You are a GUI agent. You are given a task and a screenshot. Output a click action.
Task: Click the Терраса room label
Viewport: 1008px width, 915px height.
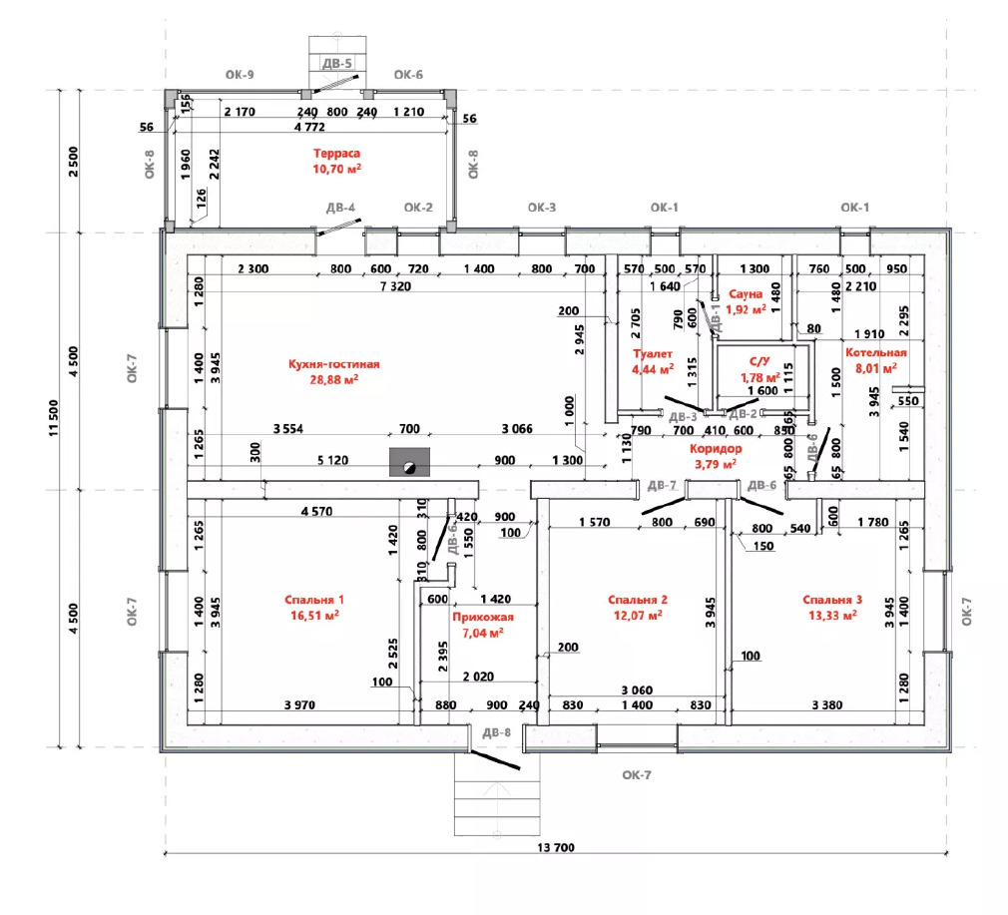(336, 155)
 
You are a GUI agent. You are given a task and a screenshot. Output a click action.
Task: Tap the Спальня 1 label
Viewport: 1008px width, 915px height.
(314, 600)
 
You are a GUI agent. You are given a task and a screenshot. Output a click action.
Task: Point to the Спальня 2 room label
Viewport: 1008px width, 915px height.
(637, 600)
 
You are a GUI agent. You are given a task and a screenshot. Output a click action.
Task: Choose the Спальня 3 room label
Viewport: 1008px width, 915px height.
(832, 600)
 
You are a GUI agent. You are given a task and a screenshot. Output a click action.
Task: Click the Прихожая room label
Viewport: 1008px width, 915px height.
(477, 618)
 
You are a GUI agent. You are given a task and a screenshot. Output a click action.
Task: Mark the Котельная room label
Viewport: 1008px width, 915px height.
(876, 353)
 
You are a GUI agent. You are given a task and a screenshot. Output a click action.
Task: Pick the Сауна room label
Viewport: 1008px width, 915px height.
(746, 294)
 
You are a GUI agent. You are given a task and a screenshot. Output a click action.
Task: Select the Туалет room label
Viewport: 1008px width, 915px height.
(653, 354)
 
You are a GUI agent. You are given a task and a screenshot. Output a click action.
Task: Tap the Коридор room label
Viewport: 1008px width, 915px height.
(714, 449)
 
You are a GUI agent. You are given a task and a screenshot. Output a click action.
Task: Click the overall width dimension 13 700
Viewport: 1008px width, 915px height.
(557, 847)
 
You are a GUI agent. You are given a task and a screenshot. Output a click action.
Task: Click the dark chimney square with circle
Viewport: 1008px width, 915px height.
(408, 464)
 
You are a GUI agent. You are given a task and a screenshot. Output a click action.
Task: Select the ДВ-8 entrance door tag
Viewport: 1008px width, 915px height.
(496, 733)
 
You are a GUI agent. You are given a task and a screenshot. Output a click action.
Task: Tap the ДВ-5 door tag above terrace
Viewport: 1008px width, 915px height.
(337, 64)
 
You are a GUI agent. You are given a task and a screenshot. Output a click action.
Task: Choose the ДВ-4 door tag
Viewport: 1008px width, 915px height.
(341, 208)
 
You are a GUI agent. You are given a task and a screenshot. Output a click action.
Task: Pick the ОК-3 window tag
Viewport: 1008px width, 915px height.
(541, 208)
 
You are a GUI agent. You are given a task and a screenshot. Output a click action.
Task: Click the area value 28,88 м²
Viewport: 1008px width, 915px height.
(333, 380)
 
